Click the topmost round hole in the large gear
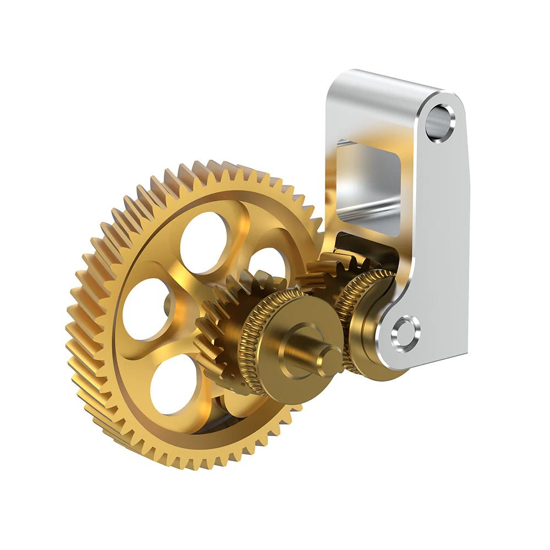pos(204,242)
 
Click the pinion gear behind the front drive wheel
pos(217,330)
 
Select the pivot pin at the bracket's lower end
pos(405,333)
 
